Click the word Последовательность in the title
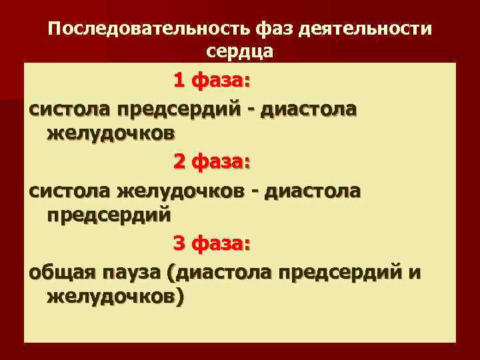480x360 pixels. point(149,30)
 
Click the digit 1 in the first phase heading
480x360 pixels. point(179,81)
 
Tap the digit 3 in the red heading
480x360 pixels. point(179,245)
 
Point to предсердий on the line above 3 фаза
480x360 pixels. point(109,216)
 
